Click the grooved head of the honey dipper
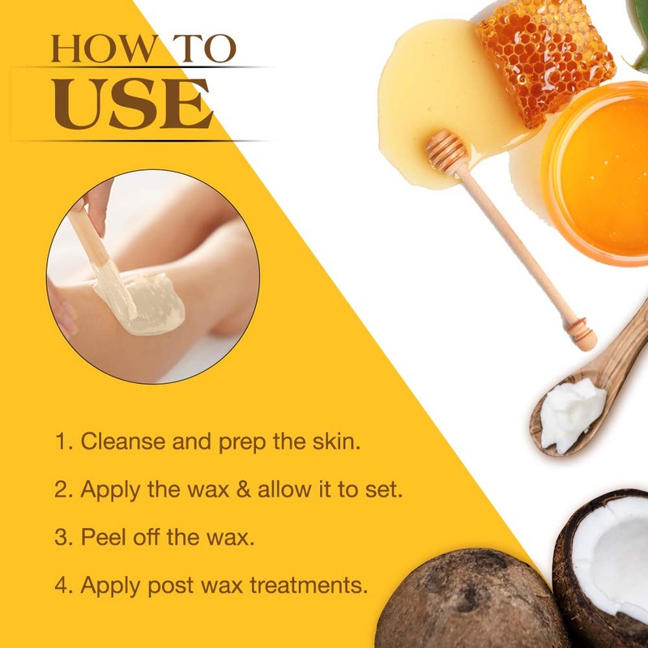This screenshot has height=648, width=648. point(448,153)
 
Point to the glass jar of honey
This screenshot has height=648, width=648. point(599,174)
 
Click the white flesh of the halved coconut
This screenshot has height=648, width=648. point(616,559)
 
